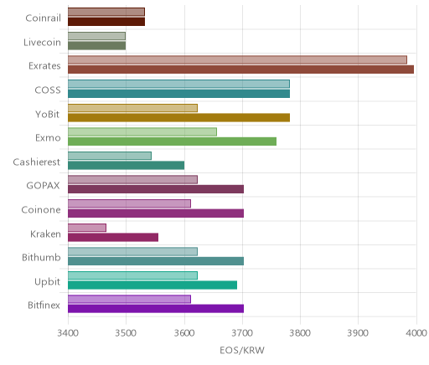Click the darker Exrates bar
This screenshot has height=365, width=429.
point(240,69)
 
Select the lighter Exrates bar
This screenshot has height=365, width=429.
point(237,59)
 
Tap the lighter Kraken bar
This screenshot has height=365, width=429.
point(87,228)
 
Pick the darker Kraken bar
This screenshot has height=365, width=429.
point(113,238)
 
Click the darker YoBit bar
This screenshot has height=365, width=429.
point(178,118)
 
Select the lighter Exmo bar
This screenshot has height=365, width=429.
point(142,131)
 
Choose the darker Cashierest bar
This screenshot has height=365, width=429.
point(126,166)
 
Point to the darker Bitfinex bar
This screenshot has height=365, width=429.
point(156,309)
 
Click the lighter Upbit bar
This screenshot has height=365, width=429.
point(132,275)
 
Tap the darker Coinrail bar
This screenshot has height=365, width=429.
point(106,22)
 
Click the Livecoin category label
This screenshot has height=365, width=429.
point(42,43)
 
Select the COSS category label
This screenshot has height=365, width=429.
point(48,90)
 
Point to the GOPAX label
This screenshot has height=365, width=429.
point(43,186)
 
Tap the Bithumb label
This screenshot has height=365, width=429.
point(41,257)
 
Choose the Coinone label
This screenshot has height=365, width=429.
point(41,209)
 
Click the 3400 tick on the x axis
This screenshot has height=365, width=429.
point(68,333)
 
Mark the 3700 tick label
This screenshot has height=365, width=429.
point(242,333)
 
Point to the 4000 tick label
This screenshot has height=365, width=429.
point(416,333)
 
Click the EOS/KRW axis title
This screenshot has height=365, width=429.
point(242,351)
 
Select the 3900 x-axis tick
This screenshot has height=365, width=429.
point(359,333)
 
